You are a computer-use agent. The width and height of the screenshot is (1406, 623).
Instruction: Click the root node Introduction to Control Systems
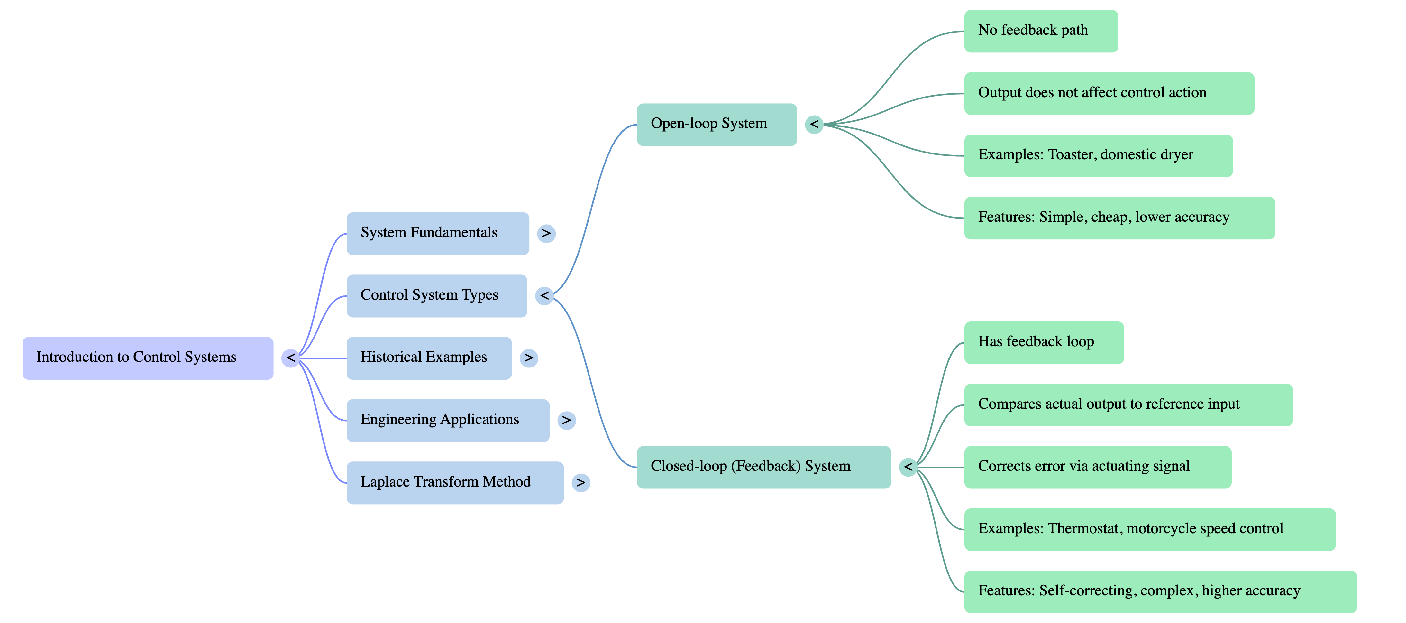[147, 358]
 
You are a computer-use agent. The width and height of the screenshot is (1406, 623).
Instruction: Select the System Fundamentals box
[437, 233]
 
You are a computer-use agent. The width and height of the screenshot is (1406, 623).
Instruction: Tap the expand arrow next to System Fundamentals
[546, 234]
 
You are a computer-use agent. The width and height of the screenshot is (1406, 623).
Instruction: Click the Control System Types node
[436, 295]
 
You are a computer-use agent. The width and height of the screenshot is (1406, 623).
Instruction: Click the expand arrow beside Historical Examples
[528, 358]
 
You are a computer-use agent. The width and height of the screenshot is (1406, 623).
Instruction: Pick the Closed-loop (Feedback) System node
[763, 467]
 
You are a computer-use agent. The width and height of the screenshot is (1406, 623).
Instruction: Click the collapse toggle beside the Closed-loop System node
[908, 467]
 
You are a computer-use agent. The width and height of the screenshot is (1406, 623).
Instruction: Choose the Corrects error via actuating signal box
[1097, 467]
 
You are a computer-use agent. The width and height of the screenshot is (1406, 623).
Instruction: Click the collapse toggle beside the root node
[290, 358]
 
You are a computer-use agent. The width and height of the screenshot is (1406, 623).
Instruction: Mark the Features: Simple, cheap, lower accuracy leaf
[1119, 218]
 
